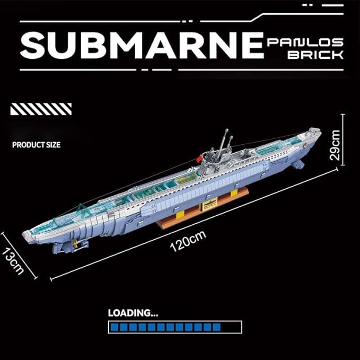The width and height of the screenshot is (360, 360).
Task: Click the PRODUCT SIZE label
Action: click(37, 144)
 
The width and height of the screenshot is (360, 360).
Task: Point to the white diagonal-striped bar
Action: click(40, 109)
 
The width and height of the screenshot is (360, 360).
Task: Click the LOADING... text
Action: click(133, 313)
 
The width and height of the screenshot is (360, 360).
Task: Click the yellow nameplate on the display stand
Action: click(209, 205)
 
